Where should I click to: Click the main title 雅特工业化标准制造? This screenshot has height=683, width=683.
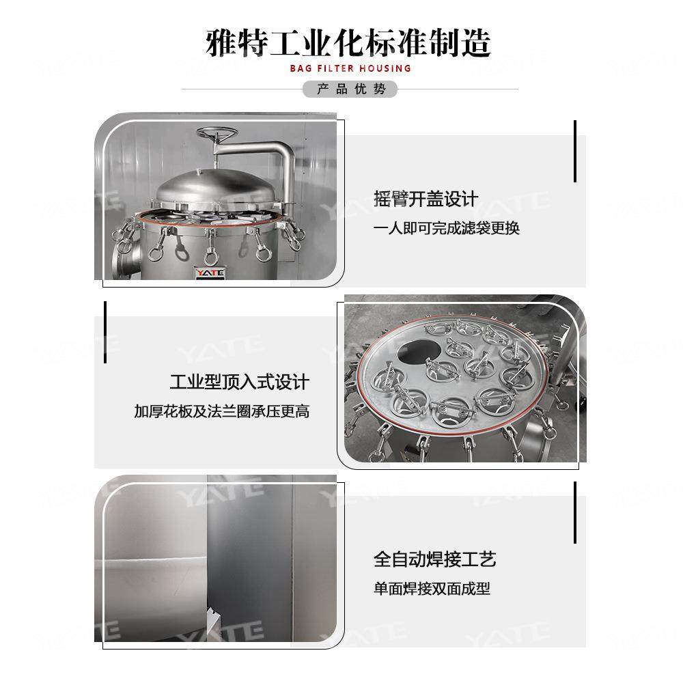pos(348,42)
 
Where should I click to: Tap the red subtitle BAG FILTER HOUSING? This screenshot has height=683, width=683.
pos(350,68)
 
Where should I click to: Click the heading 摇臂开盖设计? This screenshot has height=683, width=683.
pos(426,199)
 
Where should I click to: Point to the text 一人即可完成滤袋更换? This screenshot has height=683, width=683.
pos(446,228)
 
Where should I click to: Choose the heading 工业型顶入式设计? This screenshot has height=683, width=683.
pos(239,382)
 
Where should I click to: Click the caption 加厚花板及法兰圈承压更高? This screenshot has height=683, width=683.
pos(221,411)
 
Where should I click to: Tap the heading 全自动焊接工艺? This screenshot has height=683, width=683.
pos(434,559)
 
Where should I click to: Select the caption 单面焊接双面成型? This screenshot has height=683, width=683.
pos(432,589)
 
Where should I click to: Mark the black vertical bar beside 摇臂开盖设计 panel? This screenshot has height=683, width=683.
pos(575,151)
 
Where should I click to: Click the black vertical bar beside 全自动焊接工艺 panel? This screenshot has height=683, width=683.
pos(575,512)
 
